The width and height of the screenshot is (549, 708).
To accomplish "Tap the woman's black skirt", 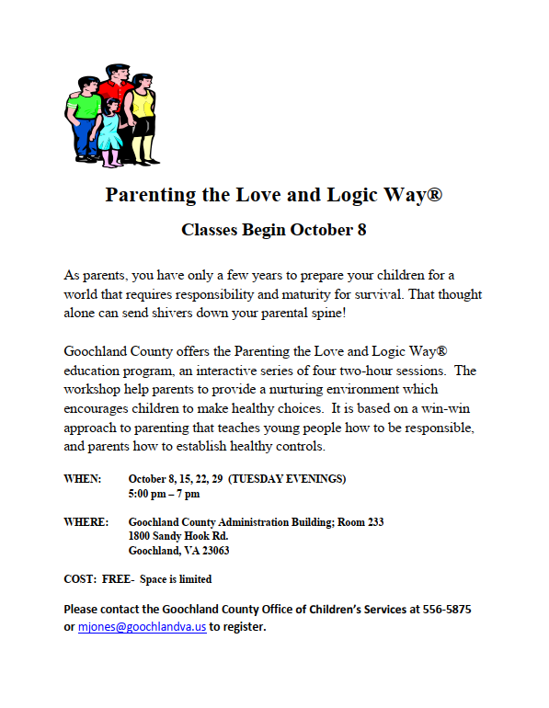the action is point(143,135).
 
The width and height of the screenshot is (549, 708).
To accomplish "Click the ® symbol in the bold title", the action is point(436,195).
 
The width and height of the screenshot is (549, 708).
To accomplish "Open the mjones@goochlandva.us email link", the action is point(142,627).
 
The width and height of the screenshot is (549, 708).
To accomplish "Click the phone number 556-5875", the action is point(448,610).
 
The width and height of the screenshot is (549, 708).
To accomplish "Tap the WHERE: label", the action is point(86,521).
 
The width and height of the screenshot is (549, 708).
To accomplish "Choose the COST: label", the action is point(81,579).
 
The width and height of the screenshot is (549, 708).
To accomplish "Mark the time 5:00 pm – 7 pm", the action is point(164,494).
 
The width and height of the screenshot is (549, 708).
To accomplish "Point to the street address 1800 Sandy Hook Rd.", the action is point(178,536).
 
